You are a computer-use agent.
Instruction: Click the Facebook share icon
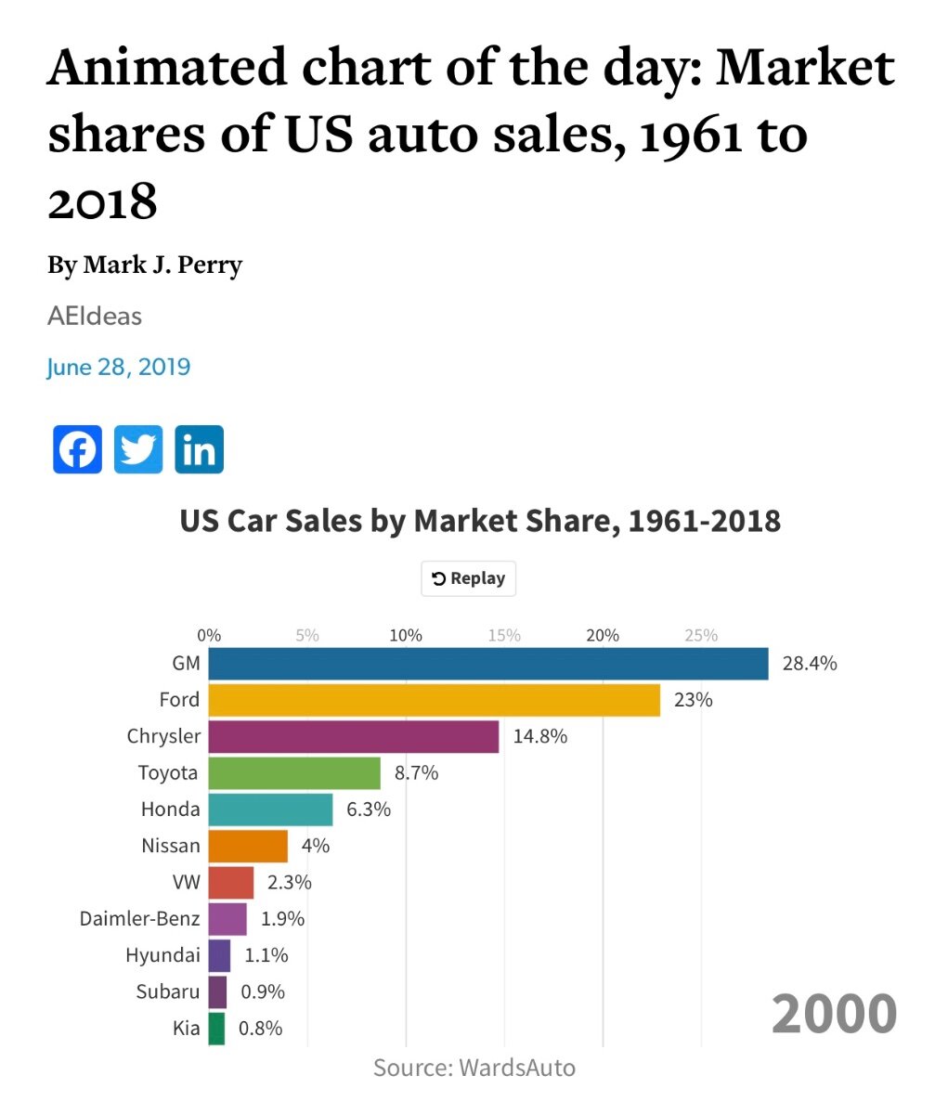coord(77,449)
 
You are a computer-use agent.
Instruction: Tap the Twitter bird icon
coord(138,449)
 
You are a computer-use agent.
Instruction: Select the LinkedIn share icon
coord(199,449)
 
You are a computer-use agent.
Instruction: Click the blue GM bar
coord(488,664)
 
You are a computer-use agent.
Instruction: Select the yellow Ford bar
coord(434,700)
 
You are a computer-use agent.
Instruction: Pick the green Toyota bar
coord(294,772)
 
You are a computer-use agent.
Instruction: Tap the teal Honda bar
coord(270,810)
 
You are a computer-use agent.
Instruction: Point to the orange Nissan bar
coord(248,846)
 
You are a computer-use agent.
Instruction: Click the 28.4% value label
coord(810,664)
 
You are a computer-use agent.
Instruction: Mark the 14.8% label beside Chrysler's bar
coord(539,736)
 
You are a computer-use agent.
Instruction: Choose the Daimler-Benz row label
coord(139,919)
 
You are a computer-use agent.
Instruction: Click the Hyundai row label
coord(162,955)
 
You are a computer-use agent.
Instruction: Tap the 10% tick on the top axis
coord(406,636)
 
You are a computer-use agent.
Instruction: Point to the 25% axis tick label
coord(701,636)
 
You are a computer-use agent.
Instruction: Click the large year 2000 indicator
coord(834,1013)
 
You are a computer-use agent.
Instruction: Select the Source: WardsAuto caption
coord(474,1068)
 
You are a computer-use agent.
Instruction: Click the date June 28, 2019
coord(119,367)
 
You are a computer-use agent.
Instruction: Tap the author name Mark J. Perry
coord(162,266)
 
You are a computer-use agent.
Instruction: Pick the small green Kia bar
coord(216,1029)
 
